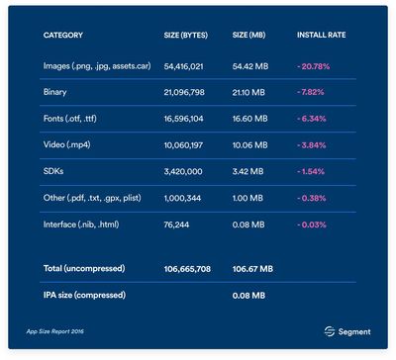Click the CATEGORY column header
pos(63,35)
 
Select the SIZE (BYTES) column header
pos(186,35)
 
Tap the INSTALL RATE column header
pos(322,35)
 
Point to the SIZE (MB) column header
pos(248,35)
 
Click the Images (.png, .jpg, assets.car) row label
pos(97,66)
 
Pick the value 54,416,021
pos(183,66)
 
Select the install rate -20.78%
pos(314,66)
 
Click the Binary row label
pos(54,92)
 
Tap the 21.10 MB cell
pos(248,92)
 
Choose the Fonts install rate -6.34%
pos(312,119)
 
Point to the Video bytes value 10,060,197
pos(183,145)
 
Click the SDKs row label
pos(53,171)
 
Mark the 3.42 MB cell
pos(247,172)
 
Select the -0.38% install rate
pos(312,198)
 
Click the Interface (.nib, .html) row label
pos(81,225)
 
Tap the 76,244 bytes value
pos(176,225)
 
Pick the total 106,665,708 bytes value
pos(187,269)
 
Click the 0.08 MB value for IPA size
pos(248,296)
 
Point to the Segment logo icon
pos(330,331)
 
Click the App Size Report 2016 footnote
pos(55,331)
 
